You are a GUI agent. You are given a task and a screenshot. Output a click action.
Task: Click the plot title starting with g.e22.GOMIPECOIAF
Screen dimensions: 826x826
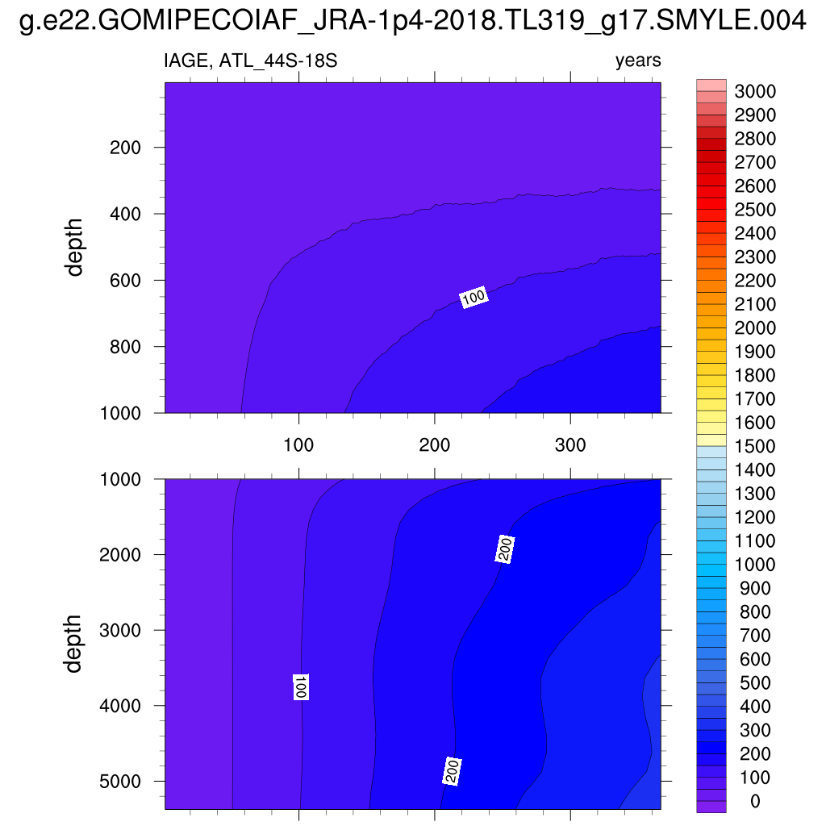click(x=412, y=23)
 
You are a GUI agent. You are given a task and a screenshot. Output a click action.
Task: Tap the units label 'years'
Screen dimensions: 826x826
click(x=637, y=61)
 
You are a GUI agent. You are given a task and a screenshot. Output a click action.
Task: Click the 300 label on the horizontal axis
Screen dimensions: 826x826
click(x=570, y=446)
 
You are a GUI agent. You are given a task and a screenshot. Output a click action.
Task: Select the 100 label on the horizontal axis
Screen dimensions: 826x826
click(x=299, y=446)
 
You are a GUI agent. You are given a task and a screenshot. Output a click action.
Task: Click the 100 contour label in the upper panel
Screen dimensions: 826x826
click(x=473, y=298)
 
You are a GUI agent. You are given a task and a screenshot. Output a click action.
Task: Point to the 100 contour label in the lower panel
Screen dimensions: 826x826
click(x=300, y=686)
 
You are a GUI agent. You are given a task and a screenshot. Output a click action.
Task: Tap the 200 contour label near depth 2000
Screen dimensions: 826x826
click(x=505, y=549)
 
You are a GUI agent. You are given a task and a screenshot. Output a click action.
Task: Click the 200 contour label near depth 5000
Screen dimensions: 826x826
click(x=453, y=770)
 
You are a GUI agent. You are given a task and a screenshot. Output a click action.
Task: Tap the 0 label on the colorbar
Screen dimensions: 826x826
click(x=755, y=801)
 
